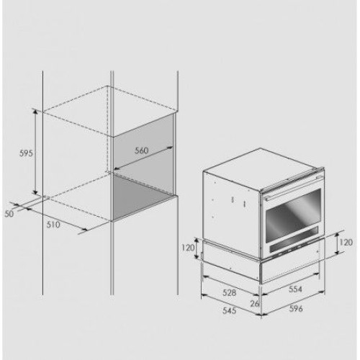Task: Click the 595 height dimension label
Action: tap(26, 153)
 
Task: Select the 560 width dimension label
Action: tap(142, 150)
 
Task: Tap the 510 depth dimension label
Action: tap(53, 225)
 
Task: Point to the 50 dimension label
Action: tap(9, 214)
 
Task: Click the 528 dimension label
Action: tap(230, 292)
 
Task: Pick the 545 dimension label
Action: tap(230, 310)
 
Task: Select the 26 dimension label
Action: tap(255, 304)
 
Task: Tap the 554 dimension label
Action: tap(295, 289)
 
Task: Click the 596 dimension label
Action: tap(296, 308)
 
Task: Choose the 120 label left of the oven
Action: tap(188, 248)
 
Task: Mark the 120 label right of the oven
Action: tap(346, 243)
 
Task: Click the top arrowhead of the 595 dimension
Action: tap(35, 112)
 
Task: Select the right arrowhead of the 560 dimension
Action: tap(170, 147)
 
